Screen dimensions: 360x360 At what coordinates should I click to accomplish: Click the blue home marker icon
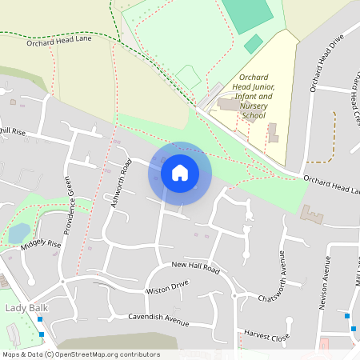coord(179,173)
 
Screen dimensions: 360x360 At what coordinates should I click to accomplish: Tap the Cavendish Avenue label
coord(158,319)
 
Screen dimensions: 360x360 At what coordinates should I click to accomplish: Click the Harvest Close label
coord(266,337)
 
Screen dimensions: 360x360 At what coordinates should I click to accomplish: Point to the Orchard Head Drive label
coord(326,62)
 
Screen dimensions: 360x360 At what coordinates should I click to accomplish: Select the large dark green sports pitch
coord(247,14)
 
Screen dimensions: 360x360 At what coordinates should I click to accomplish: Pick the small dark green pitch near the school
coord(254,44)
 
